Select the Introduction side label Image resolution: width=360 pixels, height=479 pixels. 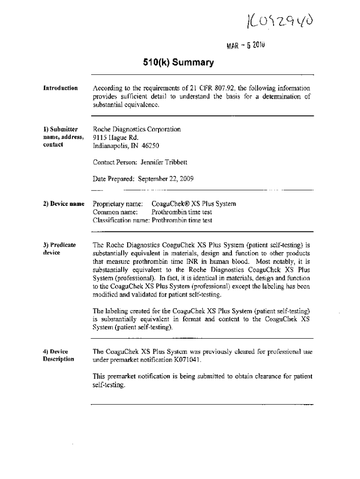[60, 88]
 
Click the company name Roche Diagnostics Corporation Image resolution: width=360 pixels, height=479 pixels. [137, 129]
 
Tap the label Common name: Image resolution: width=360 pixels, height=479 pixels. [115, 212]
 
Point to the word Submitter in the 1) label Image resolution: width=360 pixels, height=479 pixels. [65, 129]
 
